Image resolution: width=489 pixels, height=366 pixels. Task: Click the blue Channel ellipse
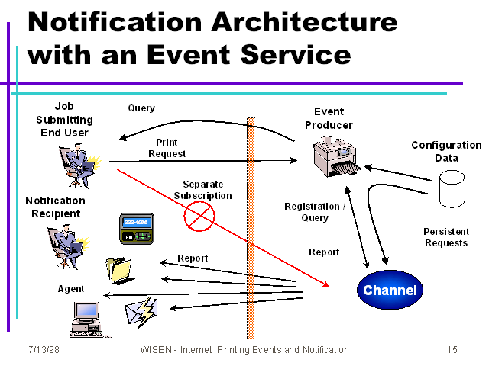[x=390, y=290]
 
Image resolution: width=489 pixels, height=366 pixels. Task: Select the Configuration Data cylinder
[x=452, y=189]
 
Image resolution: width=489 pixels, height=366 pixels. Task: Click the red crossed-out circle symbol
[x=199, y=216]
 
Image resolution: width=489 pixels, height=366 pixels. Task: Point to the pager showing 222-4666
[x=137, y=229]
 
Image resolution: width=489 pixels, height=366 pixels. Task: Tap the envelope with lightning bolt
[x=141, y=312]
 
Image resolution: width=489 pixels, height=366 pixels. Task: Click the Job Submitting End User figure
[x=80, y=165]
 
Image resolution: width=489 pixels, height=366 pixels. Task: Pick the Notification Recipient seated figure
[x=68, y=247]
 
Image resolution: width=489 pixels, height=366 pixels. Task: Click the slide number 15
[x=452, y=350]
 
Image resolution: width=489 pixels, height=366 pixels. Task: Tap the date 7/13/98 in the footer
[x=44, y=350]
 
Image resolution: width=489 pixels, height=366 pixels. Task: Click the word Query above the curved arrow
[x=141, y=108]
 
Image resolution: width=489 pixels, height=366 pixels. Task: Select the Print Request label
[x=167, y=148]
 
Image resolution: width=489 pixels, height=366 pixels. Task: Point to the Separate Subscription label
[x=203, y=190]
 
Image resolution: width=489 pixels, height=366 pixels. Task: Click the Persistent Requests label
[x=446, y=237]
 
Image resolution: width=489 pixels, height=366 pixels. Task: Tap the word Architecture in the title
[x=305, y=22]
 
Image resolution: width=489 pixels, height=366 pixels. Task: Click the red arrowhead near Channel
[x=326, y=284]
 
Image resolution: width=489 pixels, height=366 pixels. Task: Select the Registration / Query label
[x=315, y=212]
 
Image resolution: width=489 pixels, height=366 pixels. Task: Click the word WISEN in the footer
[x=156, y=350]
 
